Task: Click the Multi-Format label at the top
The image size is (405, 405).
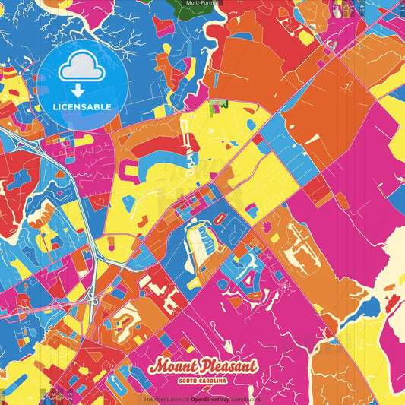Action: (x=201, y=4)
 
